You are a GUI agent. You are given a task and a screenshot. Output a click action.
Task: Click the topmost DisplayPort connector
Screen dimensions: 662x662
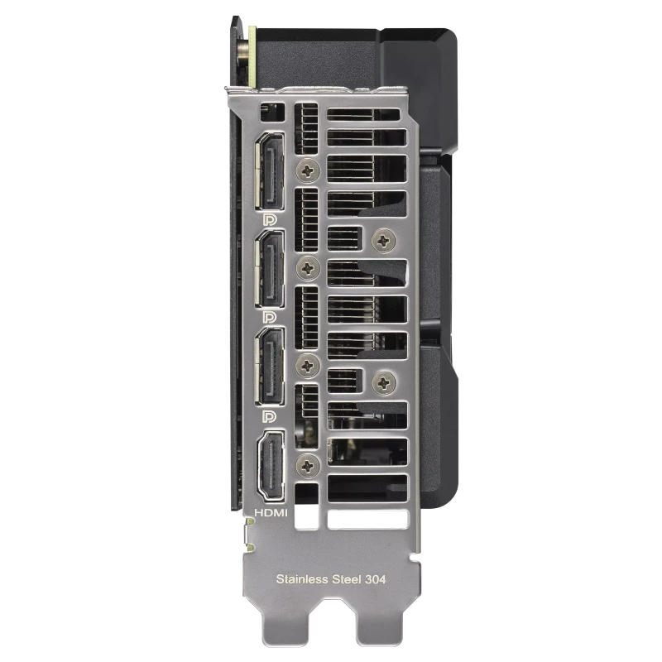click(x=270, y=171)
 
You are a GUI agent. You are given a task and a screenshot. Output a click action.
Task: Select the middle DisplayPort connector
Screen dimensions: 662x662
click(x=270, y=268)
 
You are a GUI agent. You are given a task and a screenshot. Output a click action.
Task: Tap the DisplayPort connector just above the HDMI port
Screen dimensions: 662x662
click(x=270, y=366)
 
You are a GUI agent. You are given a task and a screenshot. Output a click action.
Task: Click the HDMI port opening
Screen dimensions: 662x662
click(x=271, y=466)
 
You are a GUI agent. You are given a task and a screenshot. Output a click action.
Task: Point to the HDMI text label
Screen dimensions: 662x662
click(x=271, y=513)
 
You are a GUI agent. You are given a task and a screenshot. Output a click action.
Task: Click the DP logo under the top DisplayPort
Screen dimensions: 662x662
click(x=270, y=219)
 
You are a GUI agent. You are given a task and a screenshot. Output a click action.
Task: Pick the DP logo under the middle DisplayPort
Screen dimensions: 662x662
click(x=270, y=318)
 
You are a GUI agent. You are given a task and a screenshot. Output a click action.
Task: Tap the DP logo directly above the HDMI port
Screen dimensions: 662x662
click(x=270, y=417)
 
